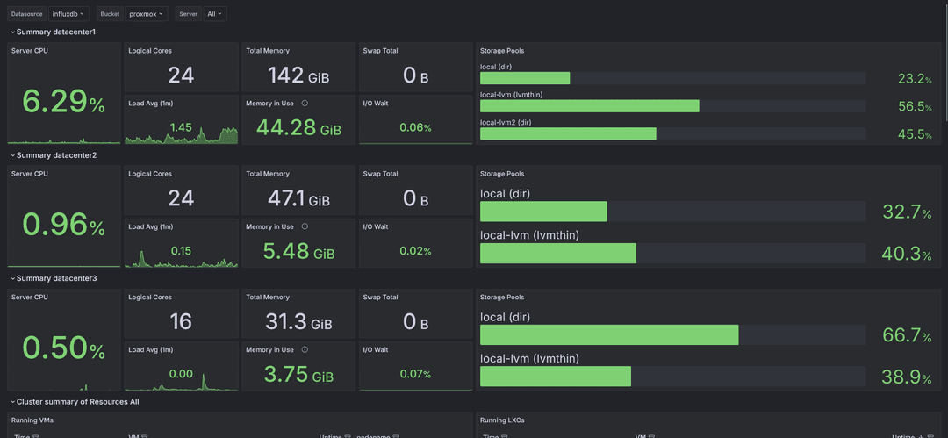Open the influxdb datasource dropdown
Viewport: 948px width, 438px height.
[68, 14]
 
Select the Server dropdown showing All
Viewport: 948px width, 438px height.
[214, 14]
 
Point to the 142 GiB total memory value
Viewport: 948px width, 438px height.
[298, 75]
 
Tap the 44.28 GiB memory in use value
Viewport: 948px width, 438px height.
[298, 128]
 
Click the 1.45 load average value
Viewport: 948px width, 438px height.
[181, 127]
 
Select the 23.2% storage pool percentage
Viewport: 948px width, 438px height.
[914, 79]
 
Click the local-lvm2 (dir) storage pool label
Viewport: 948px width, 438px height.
[506, 122]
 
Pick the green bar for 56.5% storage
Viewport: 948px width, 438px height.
[589, 106]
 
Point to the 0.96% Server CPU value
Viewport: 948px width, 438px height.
[63, 226]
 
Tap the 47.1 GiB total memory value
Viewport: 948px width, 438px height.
[298, 199]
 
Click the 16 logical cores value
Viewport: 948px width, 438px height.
[181, 322]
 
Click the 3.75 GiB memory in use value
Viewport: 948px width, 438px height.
[298, 375]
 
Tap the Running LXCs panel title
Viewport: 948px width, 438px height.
[505, 420]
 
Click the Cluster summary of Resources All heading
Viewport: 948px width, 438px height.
[77, 401]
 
